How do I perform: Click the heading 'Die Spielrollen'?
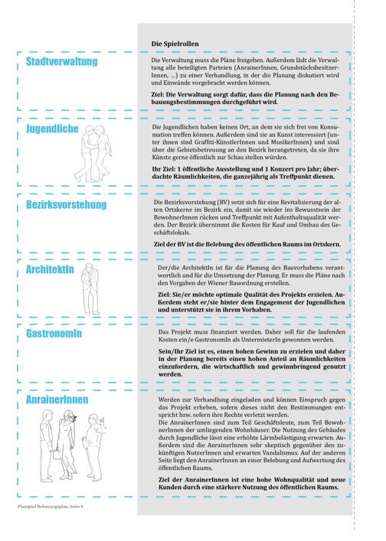coord(175,44)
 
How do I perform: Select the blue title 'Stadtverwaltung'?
coord(62,61)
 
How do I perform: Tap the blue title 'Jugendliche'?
coord(52,129)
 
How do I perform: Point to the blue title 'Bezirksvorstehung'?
coord(67,204)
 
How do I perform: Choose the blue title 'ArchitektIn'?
coord(50,269)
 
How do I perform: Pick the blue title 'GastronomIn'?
coord(54,334)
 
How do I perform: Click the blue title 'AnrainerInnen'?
coord(57,399)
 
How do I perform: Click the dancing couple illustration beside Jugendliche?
coord(93,154)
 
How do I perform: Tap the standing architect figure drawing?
coord(90,289)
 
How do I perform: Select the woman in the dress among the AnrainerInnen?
coord(67,445)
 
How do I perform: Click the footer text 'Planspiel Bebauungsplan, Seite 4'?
coord(51,507)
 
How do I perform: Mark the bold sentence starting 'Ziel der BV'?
coord(247,244)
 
